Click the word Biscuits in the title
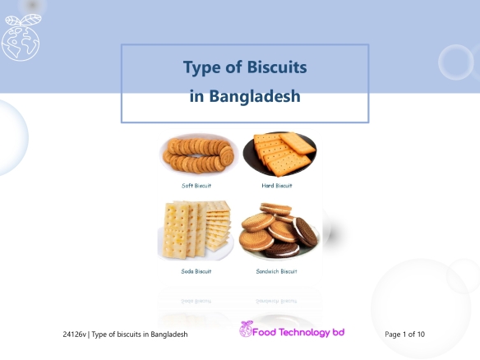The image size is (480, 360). click(x=277, y=67)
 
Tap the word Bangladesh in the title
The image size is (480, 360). click(x=255, y=96)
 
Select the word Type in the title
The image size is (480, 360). click(x=201, y=68)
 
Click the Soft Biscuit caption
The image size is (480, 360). click(x=196, y=186)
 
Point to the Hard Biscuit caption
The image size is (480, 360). click(x=277, y=186)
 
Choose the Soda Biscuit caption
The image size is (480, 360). click(x=196, y=271)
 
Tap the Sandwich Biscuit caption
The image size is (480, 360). click(x=276, y=271)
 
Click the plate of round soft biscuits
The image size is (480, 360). click(x=199, y=155)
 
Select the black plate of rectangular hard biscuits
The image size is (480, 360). click(x=279, y=154)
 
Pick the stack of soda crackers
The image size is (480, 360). click(x=196, y=230)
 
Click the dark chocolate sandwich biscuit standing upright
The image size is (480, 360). click(x=305, y=232)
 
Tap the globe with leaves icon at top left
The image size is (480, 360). click(x=21, y=37)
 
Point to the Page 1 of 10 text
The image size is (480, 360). click(x=404, y=335)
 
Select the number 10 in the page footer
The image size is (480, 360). click(x=421, y=335)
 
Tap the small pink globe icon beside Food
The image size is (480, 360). click(x=246, y=329)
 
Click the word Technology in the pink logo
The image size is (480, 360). click(x=305, y=333)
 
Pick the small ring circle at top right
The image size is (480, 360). click(x=456, y=62)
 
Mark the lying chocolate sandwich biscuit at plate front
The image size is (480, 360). click(x=282, y=250)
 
